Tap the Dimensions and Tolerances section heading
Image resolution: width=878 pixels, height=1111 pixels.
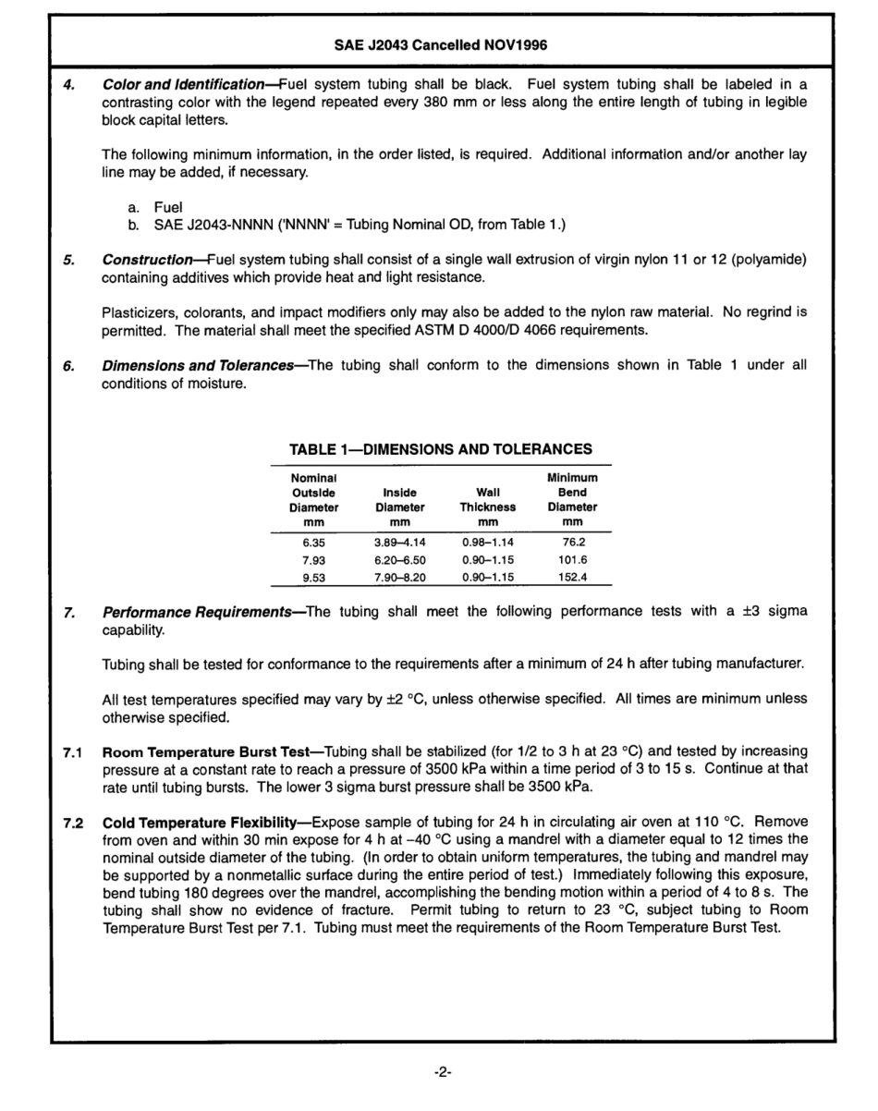(203, 365)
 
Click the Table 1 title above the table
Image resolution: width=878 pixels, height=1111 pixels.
(440, 450)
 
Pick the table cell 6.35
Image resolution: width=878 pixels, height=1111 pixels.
(313, 543)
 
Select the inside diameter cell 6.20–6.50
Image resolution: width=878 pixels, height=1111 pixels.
(399, 560)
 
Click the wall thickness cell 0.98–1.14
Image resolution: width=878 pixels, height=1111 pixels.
(487, 543)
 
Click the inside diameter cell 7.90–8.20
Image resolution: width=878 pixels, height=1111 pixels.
(399, 577)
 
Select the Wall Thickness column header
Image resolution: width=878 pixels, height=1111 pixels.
(487, 500)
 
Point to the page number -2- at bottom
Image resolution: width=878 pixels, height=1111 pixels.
(441, 1072)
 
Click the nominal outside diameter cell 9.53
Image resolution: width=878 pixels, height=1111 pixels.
(313, 577)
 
